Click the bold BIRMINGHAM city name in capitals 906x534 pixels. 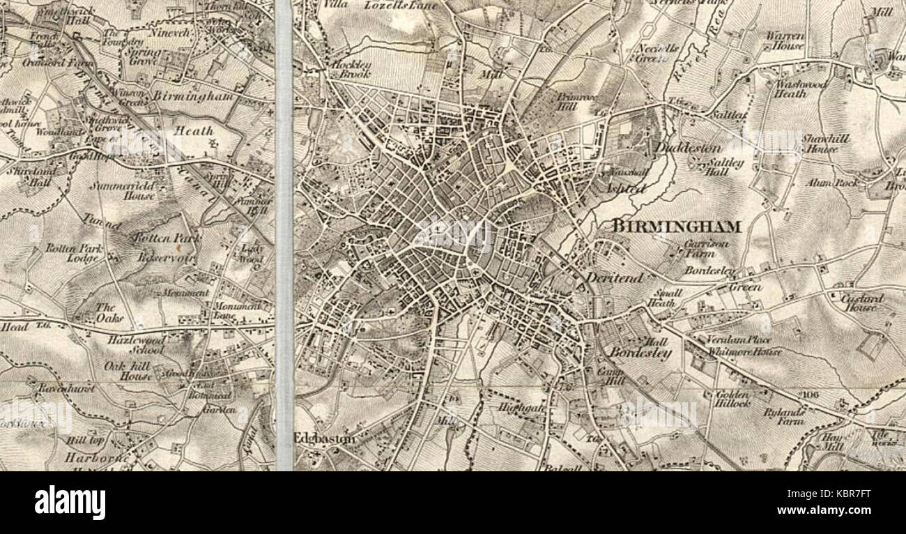pos(675,226)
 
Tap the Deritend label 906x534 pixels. pos(613,277)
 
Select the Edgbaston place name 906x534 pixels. pos(324,438)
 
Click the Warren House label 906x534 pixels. pos(785,40)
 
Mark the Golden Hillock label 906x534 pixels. pos(732,399)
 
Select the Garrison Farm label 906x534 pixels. pos(706,249)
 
